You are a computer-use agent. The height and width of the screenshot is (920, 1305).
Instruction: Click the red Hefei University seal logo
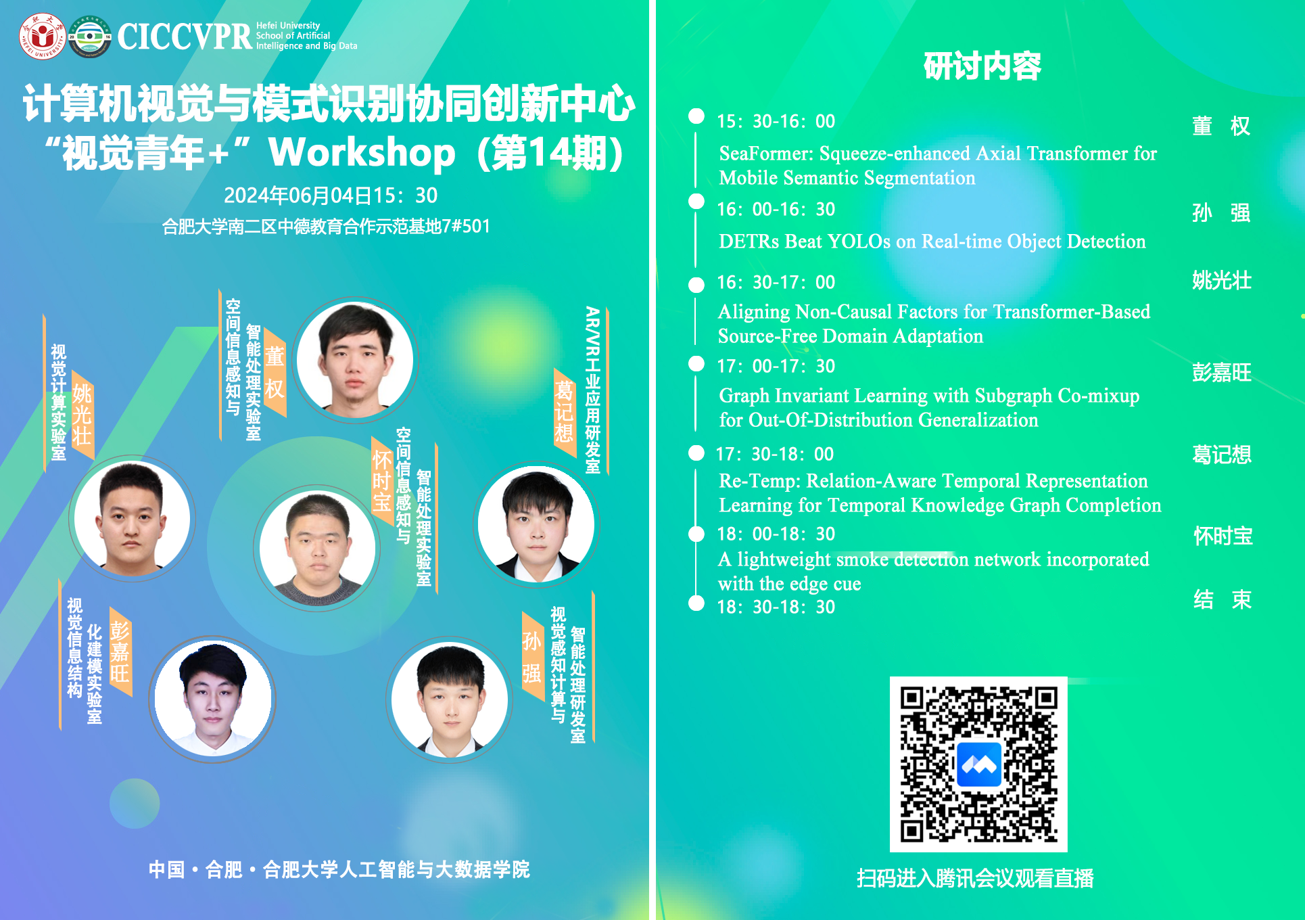[x=43, y=37]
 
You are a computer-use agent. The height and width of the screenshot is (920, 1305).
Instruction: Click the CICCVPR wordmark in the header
[x=185, y=37]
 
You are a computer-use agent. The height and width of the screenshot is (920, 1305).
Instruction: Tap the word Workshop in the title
[x=362, y=153]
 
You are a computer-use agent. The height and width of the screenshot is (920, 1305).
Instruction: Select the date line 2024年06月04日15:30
[x=331, y=195]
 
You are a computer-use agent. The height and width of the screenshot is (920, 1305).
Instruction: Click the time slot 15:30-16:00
[x=776, y=121]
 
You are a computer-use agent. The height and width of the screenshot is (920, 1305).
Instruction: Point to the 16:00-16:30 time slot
[x=776, y=209]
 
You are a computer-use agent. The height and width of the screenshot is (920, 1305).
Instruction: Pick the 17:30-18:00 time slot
[x=775, y=454]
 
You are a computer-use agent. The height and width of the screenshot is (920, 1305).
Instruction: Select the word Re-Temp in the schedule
[x=759, y=481]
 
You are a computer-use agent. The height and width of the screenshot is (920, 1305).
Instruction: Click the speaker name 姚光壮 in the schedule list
[x=1222, y=280]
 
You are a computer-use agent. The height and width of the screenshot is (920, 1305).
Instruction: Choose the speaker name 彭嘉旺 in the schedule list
[x=1222, y=372]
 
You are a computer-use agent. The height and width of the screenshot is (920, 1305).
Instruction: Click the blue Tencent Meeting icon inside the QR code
[x=979, y=764]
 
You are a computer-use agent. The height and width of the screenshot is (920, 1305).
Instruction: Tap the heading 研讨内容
[x=982, y=66]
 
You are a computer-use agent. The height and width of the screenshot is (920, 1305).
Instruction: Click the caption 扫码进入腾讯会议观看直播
[x=975, y=878]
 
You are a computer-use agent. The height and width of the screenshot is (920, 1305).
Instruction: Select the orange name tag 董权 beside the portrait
[x=275, y=372]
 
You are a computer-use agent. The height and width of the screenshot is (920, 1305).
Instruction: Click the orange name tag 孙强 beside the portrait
[x=532, y=657]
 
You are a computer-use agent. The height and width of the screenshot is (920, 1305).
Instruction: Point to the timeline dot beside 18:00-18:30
[x=696, y=534]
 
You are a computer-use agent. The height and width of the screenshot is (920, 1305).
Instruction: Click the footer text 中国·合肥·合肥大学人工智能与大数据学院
[x=339, y=869]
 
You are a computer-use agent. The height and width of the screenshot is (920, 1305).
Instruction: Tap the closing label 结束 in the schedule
[x=1223, y=599]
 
